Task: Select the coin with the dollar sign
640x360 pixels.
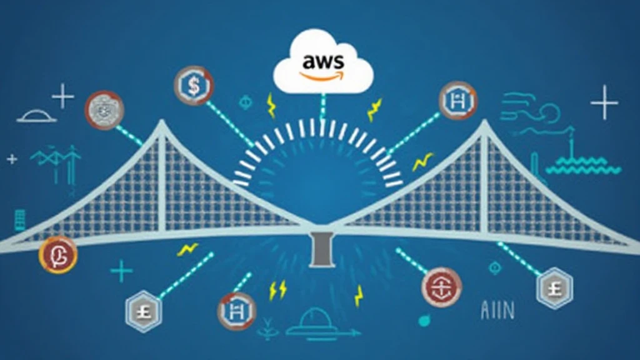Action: tap(194, 85)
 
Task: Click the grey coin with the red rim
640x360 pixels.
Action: tap(104, 110)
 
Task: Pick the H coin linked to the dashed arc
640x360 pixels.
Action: tap(458, 100)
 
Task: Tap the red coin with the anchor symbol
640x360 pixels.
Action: tap(441, 287)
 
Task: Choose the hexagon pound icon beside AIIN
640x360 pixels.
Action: tap(553, 287)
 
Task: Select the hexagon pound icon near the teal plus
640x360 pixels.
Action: tap(143, 308)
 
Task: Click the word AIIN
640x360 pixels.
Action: tap(497, 311)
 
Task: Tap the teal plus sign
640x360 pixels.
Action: tap(121, 271)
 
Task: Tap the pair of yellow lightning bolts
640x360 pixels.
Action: tap(277, 289)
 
